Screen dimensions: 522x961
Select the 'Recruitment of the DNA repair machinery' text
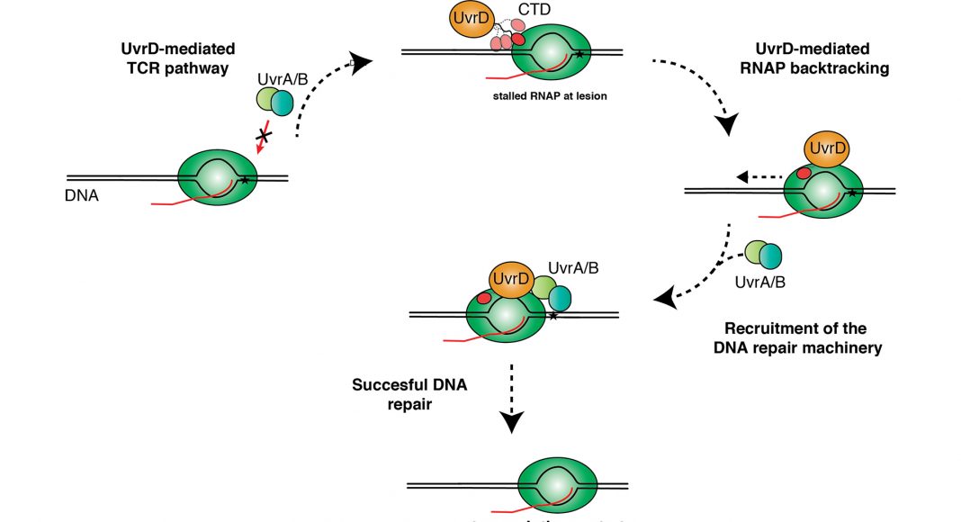click(x=803, y=337)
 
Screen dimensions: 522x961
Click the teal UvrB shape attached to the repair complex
click(x=559, y=297)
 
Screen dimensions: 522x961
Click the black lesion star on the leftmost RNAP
click(x=245, y=181)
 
